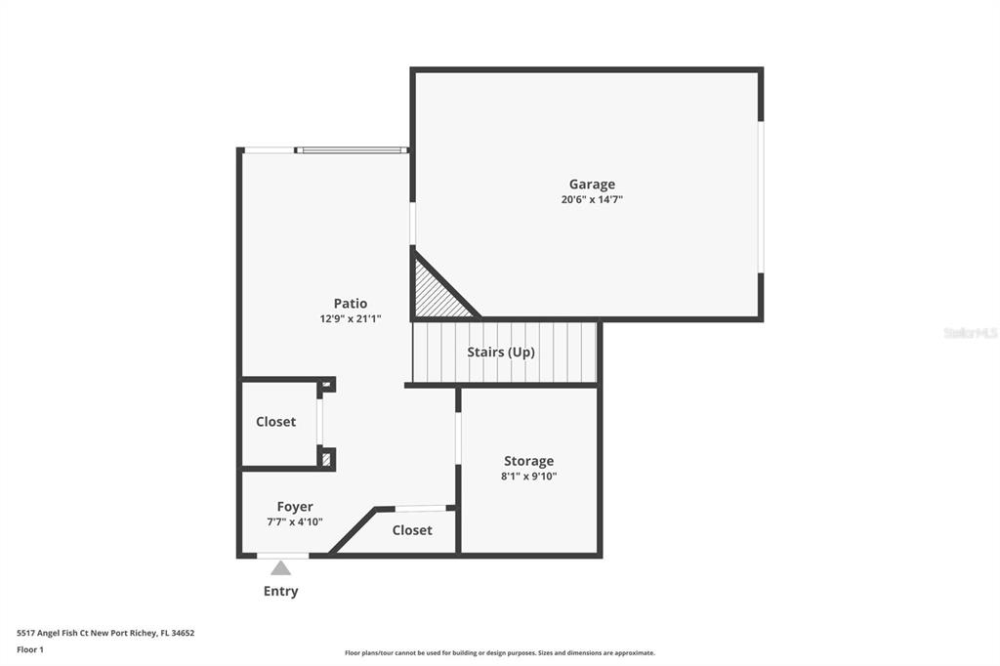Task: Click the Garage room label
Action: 592,185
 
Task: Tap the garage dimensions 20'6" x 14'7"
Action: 592,199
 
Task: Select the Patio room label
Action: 351,303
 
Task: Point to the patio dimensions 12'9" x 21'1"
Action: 351,318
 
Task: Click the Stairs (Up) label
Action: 501,353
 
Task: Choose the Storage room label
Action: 528,461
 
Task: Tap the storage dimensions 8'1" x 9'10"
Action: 528,476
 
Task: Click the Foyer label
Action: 295,507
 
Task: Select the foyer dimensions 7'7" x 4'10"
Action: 295,521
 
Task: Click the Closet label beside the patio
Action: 275,422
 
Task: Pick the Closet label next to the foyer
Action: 412,530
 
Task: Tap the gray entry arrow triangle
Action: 280,567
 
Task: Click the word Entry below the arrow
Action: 280,592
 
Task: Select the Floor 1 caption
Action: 30,649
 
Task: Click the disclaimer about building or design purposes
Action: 500,652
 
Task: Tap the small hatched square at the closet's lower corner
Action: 326,459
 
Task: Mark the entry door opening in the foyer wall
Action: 282,556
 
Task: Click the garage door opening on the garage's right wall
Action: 761,197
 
